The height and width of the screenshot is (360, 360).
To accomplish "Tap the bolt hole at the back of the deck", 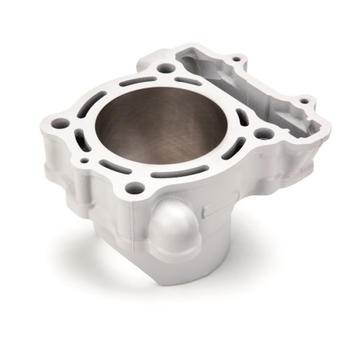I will tap(165, 68).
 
